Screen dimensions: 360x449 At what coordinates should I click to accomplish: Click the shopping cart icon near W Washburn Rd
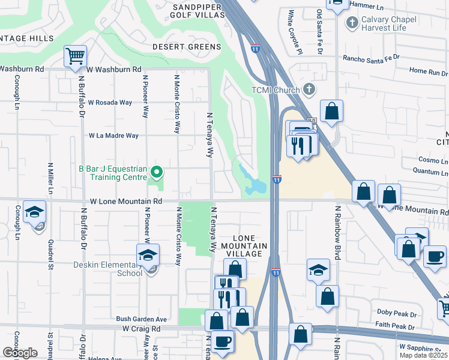pyautogui.click(x=76, y=56)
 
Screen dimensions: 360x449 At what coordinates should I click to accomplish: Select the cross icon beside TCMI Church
pyautogui.click(x=309, y=89)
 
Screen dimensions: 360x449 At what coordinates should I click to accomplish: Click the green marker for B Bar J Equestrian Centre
pyautogui.click(x=157, y=173)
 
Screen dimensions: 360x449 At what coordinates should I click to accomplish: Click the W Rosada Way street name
pyautogui.click(x=110, y=103)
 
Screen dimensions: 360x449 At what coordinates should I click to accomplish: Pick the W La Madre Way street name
pyautogui.click(x=113, y=136)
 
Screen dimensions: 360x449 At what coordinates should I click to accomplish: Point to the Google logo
pyautogui.click(x=20, y=353)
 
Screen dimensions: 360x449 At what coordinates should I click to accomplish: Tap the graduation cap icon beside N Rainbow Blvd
pyautogui.click(x=318, y=270)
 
